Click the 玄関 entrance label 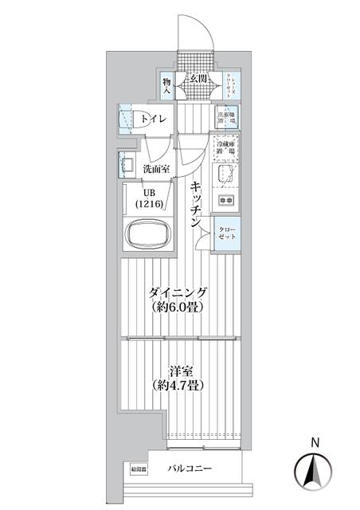click(x=198, y=79)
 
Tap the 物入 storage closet click(x=167, y=85)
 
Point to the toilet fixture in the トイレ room click(x=127, y=120)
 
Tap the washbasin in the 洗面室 click(x=127, y=165)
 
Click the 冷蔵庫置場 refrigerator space click(x=227, y=146)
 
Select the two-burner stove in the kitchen click(x=227, y=199)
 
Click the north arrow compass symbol click(x=315, y=469)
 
